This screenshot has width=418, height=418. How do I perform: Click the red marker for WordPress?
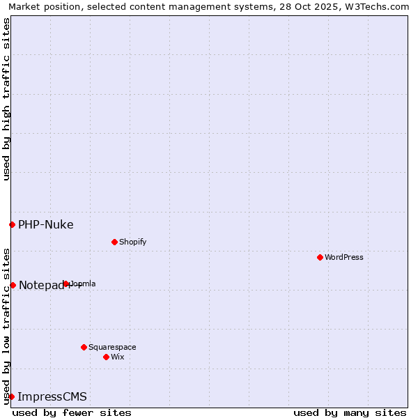(320, 257)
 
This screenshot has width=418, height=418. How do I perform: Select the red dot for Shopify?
(114, 242)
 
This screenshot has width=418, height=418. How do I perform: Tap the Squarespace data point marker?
(84, 347)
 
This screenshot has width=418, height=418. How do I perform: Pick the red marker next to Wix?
(106, 357)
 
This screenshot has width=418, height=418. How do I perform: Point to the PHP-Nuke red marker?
(12, 224)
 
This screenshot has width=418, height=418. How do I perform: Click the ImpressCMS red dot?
(11, 396)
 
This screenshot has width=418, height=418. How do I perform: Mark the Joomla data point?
(66, 284)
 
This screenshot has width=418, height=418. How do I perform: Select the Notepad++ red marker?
(13, 285)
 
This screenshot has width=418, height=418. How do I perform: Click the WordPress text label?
(344, 257)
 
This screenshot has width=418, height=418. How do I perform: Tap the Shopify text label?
(132, 242)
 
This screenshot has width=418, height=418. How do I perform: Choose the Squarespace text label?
(112, 347)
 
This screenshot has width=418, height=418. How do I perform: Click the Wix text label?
(118, 357)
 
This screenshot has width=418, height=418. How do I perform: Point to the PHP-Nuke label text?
(46, 224)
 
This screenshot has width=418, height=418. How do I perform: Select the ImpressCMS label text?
(52, 396)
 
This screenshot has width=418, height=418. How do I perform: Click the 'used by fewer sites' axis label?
(72, 412)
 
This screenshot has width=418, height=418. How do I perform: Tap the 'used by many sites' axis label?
(350, 412)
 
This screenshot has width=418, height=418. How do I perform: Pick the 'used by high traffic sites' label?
(6, 99)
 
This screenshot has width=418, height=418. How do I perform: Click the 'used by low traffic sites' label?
(6, 325)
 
